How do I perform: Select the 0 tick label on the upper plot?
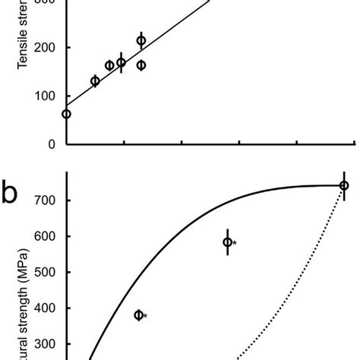click(52, 144)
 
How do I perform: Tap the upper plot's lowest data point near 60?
click(66, 114)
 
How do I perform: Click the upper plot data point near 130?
click(95, 81)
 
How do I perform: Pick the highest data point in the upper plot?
click(141, 41)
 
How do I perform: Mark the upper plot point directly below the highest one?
click(141, 65)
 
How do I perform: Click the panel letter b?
click(11, 194)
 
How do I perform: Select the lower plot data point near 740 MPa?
click(344, 185)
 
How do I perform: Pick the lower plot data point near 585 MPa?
click(227, 242)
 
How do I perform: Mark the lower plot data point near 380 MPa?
click(139, 315)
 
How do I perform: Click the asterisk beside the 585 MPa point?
click(235, 244)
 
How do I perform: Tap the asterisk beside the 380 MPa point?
click(146, 316)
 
